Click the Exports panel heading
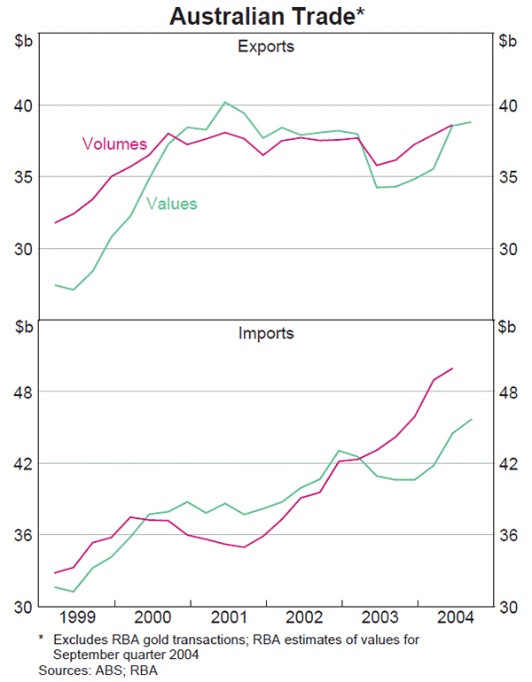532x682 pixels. coord(266,46)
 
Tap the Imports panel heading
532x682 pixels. coord(266,334)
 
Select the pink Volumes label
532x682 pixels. coord(114,143)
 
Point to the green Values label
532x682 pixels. coord(172,204)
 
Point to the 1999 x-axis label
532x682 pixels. coord(76,617)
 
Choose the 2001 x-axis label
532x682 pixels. coord(229,617)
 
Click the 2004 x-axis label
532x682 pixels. coord(453,617)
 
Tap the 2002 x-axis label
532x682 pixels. coord(303,617)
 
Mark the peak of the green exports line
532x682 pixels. coord(225,102)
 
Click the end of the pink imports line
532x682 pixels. coord(453,368)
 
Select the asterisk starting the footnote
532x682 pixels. coord(41,639)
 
